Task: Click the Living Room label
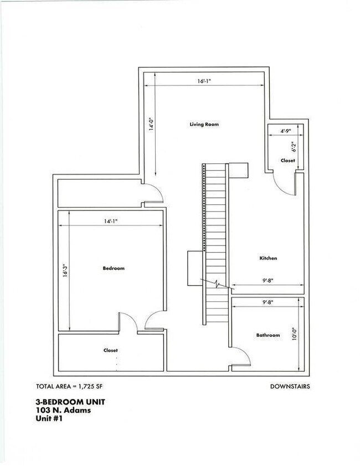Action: [204, 124]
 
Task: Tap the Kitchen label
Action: [268, 258]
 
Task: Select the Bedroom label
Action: [114, 268]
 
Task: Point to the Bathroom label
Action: [268, 335]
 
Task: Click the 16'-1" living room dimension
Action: [204, 81]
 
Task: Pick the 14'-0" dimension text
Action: [152, 124]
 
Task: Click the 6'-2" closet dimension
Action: [294, 147]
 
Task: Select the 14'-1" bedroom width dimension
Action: [111, 221]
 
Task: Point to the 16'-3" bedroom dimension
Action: [65, 270]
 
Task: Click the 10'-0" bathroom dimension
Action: [295, 334]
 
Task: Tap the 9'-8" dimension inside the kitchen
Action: [268, 280]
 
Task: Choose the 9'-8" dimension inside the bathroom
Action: [268, 302]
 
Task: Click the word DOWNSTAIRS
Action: [290, 386]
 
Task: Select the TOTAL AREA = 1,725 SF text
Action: [69, 386]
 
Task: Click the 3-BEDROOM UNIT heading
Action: [70, 402]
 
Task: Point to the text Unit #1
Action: [49, 418]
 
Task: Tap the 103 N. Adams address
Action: [64, 410]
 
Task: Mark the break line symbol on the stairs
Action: [217, 284]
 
